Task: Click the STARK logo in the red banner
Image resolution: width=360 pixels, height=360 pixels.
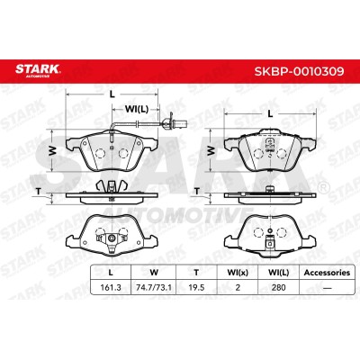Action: tap(38, 71)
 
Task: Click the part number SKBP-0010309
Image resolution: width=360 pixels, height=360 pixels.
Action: tap(299, 71)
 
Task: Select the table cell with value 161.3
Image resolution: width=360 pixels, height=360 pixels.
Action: tap(111, 288)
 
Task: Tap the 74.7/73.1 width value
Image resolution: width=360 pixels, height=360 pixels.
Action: tap(154, 288)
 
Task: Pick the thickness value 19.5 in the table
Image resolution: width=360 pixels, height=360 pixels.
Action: tap(196, 288)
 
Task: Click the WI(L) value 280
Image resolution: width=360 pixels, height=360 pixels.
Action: tap(278, 288)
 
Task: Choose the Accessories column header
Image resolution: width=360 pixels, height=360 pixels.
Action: tap(327, 273)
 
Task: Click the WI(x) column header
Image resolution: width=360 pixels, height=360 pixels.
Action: tap(238, 273)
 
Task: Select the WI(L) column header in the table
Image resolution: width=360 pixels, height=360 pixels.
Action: tap(278, 273)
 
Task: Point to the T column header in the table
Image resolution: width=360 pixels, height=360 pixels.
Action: tap(196, 273)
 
